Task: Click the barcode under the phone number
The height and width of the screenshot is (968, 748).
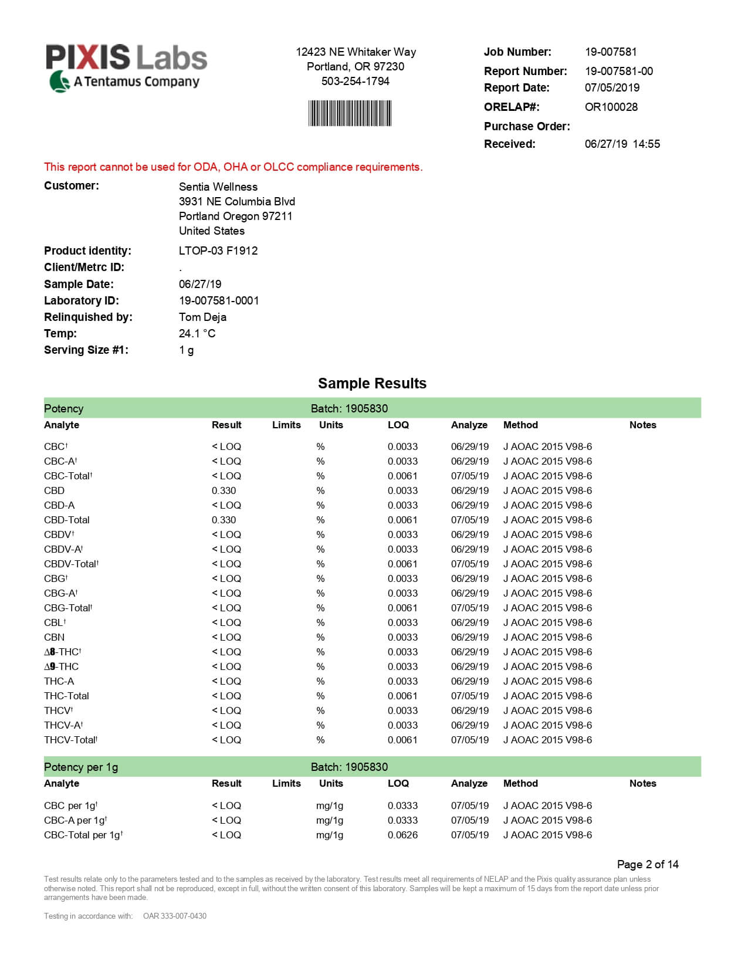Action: (x=350, y=113)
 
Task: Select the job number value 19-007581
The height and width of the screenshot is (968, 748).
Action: (x=611, y=52)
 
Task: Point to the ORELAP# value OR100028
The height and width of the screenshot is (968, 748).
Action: (x=611, y=107)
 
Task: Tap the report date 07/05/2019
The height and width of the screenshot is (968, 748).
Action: (x=612, y=87)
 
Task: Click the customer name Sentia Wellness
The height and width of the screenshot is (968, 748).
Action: (x=218, y=187)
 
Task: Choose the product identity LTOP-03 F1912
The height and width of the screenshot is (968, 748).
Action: (x=218, y=251)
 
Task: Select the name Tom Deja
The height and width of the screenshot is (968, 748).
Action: (x=202, y=317)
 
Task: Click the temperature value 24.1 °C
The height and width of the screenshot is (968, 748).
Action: (x=197, y=333)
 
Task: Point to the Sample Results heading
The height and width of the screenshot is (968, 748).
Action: (x=372, y=383)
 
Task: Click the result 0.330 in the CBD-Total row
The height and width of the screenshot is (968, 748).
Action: (x=224, y=520)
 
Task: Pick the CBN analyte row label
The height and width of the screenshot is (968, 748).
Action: (x=54, y=637)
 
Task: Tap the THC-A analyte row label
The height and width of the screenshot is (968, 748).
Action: (x=59, y=681)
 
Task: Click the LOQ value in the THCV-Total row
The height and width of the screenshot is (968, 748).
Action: (x=402, y=740)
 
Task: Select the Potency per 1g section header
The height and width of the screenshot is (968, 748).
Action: (x=81, y=767)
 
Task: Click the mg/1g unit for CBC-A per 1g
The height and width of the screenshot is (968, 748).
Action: (x=329, y=820)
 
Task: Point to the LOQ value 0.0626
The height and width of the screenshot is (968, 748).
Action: (x=402, y=835)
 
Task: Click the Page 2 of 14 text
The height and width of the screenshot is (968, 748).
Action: (x=647, y=864)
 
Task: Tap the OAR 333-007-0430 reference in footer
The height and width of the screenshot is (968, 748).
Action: (x=174, y=916)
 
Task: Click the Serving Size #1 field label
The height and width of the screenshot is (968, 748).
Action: (x=86, y=350)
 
